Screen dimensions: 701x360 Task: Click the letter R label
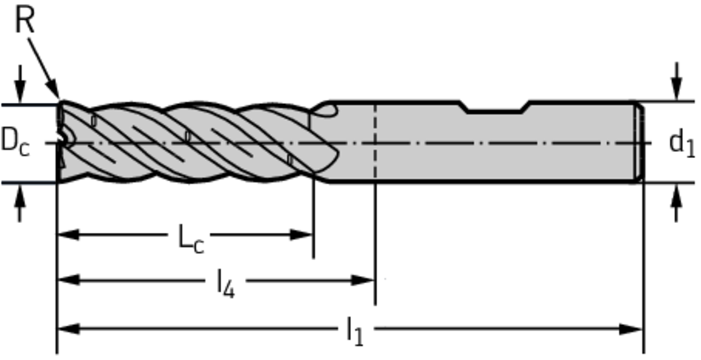25,21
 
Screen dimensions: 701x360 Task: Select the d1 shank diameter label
682,143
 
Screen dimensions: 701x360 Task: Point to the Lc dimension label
191,240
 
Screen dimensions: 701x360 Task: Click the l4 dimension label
226,285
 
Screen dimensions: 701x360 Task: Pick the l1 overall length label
355,332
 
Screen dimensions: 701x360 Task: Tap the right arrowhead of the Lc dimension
301,234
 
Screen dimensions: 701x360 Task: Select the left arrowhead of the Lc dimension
68,234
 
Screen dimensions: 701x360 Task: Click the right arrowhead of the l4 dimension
363,281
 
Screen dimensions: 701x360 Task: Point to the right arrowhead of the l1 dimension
631,330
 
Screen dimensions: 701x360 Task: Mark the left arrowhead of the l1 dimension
68,330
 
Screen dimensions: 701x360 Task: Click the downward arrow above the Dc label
19,84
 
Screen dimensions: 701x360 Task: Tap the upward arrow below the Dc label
19,203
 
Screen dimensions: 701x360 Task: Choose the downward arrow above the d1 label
677,81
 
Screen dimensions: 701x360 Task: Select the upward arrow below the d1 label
677,203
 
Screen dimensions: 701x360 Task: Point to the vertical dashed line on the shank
375,142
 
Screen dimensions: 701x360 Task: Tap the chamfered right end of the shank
640,142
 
